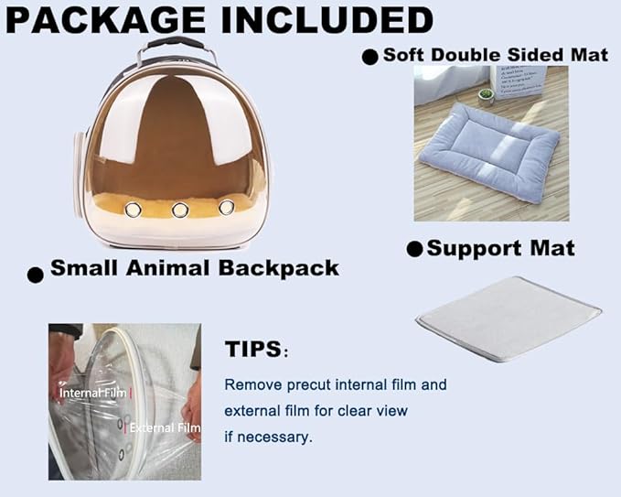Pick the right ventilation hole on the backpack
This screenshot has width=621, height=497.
(226, 208)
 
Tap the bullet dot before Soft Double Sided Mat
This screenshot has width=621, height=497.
(369, 57)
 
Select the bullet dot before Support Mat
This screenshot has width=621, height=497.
(414, 249)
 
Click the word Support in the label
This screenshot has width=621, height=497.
(471, 249)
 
